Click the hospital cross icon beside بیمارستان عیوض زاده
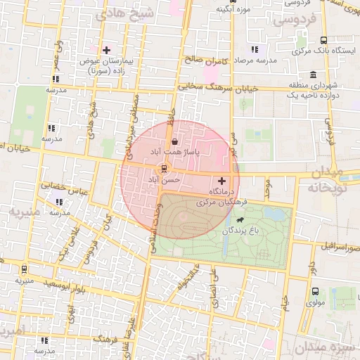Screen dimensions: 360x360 [106, 50]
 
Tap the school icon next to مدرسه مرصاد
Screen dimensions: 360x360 [254, 49]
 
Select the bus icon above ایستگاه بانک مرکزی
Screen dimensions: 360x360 [323, 40]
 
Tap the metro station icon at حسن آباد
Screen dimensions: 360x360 [164, 169]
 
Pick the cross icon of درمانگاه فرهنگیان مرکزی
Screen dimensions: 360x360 [223, 181]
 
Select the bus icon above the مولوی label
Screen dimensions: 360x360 [314, 291]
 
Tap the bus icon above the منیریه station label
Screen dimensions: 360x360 [25, 269]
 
